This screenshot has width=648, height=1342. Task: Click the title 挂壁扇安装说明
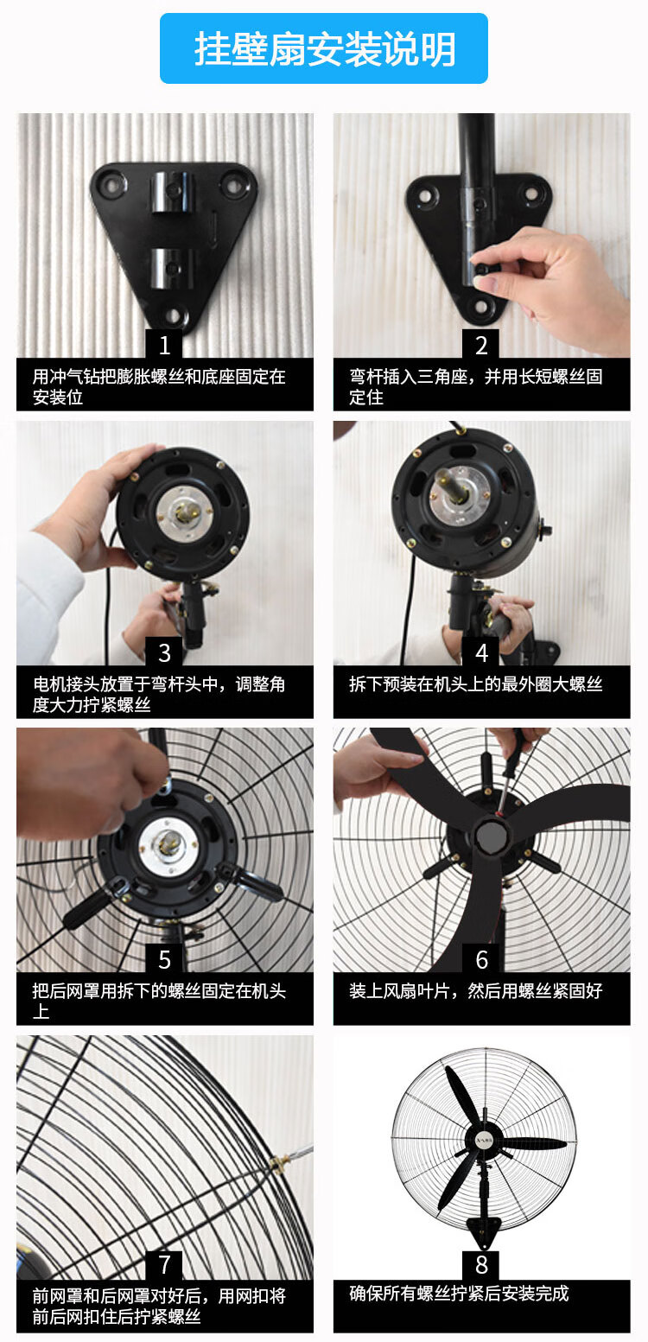tap(324, 48)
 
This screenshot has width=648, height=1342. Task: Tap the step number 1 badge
tap(164, 346)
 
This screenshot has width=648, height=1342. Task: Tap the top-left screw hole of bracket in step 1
tap(111, 183)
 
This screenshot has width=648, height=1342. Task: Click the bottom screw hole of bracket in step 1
tap(174, 315)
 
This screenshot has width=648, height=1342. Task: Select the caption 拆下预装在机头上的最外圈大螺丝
tap(476, 684)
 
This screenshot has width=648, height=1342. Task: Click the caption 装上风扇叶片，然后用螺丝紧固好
tap(476, 991)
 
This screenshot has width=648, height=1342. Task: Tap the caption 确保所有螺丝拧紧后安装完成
tap(459, 1294)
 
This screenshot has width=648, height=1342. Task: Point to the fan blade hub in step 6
tap(490, 836)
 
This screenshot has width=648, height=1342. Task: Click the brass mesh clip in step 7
tap(279, 1161)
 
